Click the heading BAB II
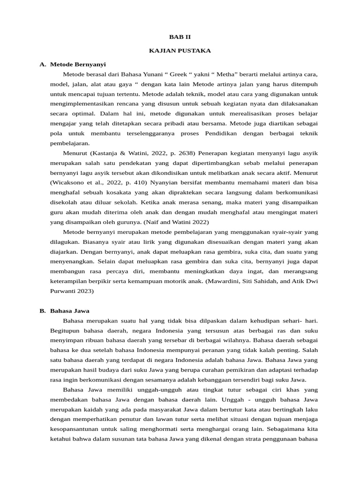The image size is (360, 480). coord(180,37)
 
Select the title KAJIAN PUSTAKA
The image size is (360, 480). coord(180,51)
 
